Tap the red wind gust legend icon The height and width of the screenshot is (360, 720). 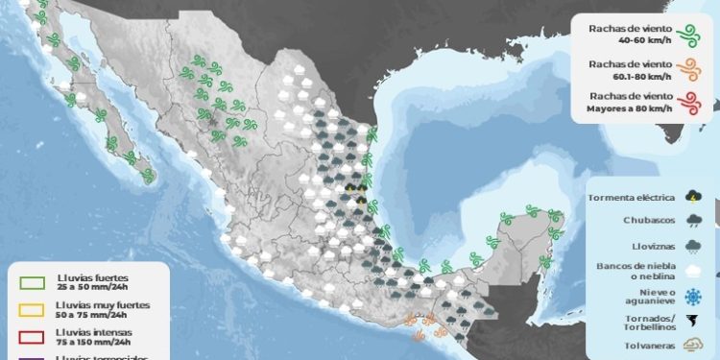686,104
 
